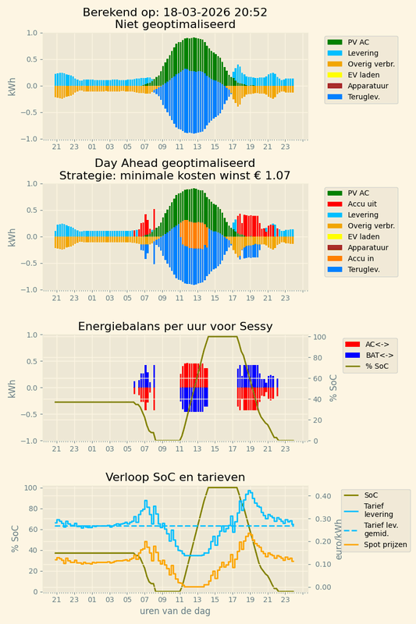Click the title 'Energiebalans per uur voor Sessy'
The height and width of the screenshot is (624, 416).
(x=176, y=326)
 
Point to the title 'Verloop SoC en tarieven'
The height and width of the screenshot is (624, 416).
(x=176, y=477)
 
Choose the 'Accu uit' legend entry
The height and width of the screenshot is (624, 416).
(x=366, y=204)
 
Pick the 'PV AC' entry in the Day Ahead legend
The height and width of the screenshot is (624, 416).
(x=359, y=193)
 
